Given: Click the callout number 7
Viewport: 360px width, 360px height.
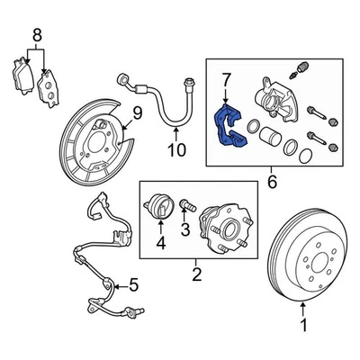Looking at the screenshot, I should (227, 84).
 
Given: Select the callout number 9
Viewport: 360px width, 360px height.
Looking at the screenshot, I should (137, 112).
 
